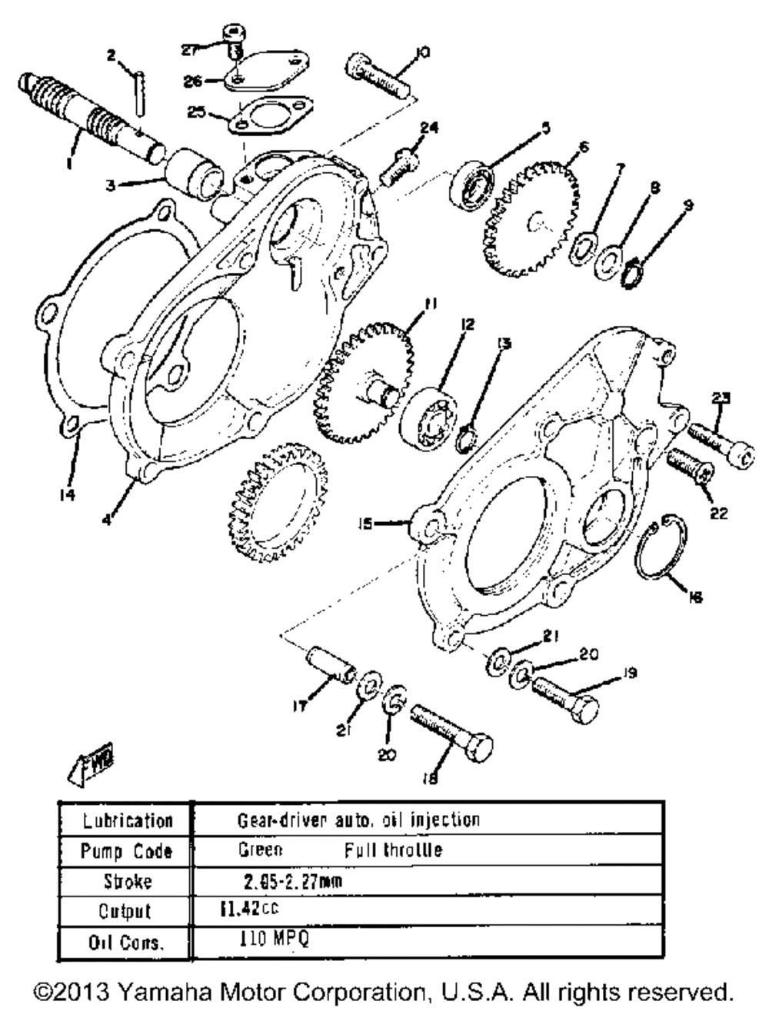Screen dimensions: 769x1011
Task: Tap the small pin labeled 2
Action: [138, 92]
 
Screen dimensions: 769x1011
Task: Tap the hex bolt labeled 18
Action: [451, 730]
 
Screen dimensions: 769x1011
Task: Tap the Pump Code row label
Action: [123, 851]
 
